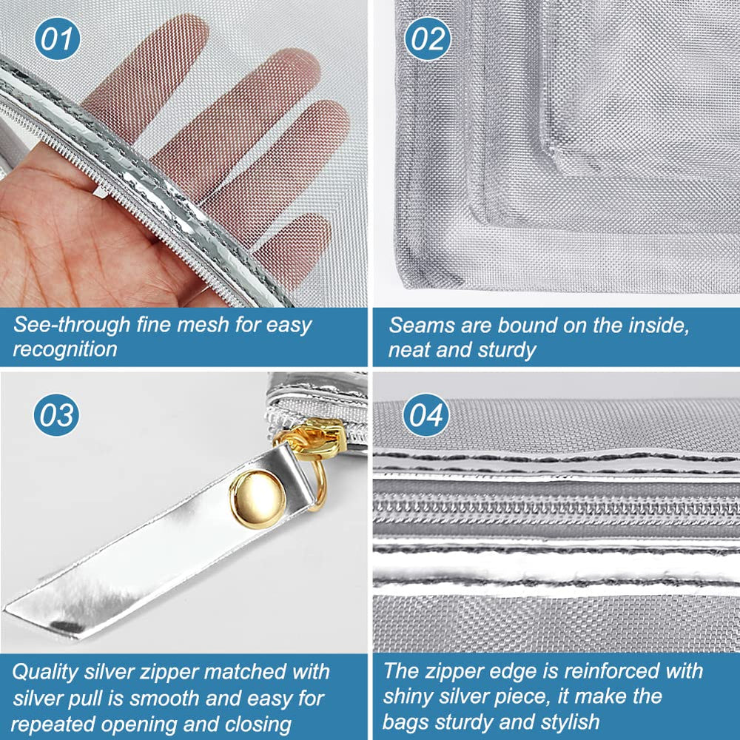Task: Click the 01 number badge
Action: tap(57, 38)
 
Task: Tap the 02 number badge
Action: tap(428, 38)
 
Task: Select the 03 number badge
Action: tap(56, 415)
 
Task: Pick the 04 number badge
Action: tap(426, 415)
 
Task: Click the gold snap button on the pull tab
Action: tap(258, 499)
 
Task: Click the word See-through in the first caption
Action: tap(73, 325)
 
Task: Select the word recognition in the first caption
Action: tap(64, 349)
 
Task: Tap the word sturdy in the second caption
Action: tap(508, 350)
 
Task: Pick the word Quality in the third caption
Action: tap(44, 672)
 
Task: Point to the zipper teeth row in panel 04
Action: tap(556, 509)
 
